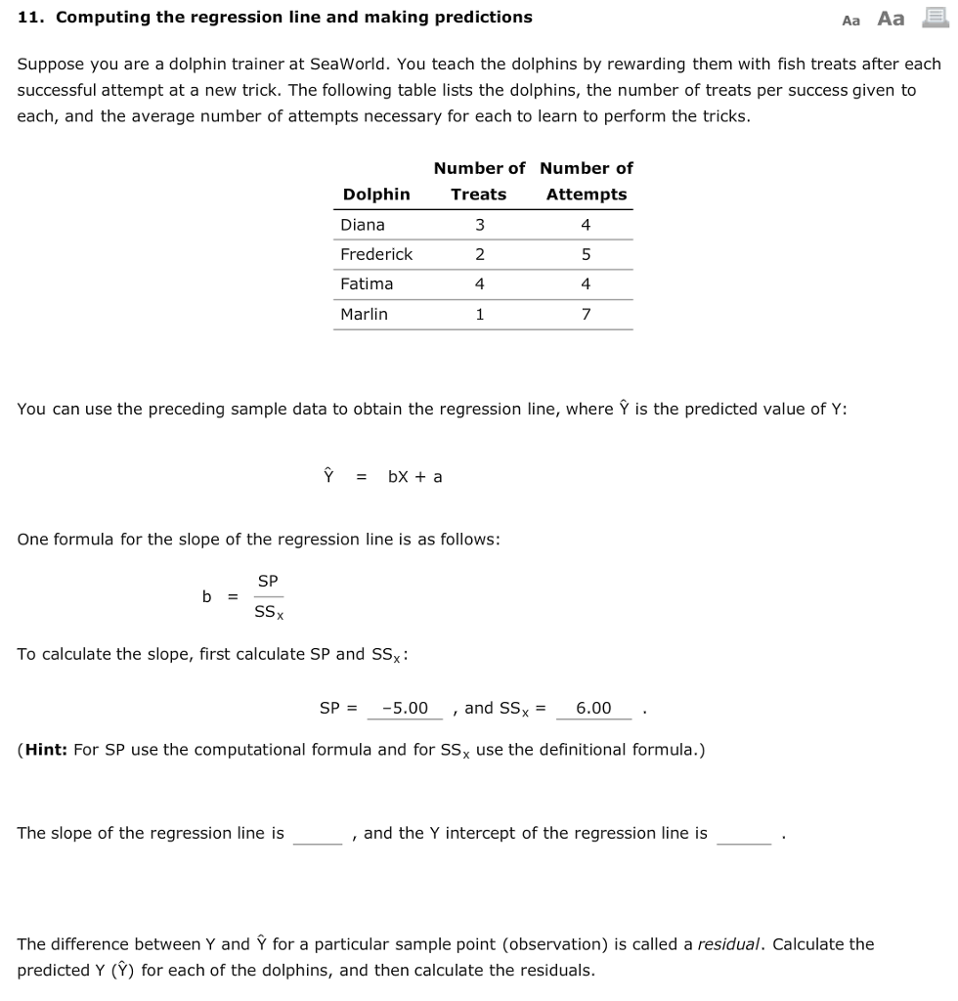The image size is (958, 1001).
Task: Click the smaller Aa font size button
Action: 850,20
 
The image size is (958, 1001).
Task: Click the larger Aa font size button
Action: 891,19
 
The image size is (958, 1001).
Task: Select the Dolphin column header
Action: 376,194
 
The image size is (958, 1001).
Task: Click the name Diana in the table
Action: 363,225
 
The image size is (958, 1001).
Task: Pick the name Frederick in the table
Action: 376,254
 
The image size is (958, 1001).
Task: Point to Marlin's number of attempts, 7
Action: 586,314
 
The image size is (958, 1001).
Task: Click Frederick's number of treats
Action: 479,254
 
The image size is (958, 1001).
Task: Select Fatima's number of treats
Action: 479,283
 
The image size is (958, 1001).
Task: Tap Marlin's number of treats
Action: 479,314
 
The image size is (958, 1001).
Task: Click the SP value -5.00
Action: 405,708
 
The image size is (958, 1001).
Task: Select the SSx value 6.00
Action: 593,708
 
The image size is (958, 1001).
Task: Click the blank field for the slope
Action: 318,834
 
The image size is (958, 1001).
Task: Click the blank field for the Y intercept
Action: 743,834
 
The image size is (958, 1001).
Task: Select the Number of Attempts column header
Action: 587,181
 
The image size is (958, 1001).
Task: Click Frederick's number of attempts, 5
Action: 586,254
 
